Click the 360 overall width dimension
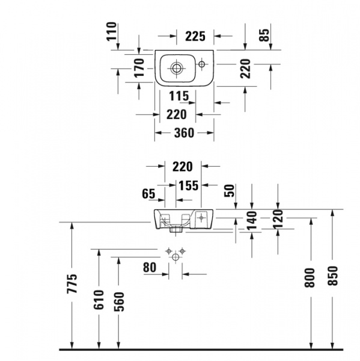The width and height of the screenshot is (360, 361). tap(184, 133)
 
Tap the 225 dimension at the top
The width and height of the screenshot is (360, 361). tap(195, 36)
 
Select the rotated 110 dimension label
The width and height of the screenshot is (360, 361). tap(112, 31)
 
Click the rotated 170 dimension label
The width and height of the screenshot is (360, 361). tap(139, 67)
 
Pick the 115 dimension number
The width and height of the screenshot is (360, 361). tap(179, 96)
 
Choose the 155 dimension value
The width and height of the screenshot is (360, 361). tap(188, 185)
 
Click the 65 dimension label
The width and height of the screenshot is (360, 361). tap(148, 194)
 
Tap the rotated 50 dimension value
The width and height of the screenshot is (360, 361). tap(229, 191)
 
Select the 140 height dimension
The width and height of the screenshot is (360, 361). tap(252, 220)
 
